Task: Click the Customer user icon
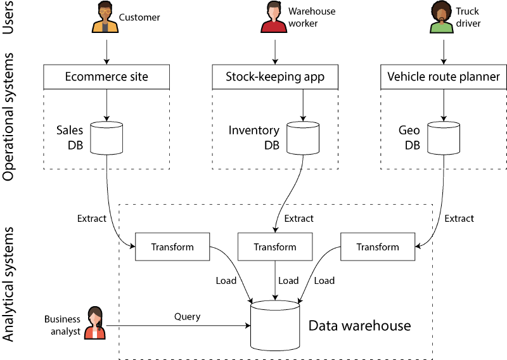[x=105, y=18]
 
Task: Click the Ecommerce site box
[x=106, y=77]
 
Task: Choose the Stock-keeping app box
[x=275, y=77]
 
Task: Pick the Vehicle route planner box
[x=444, y=77]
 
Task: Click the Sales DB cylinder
[x=106, y=136]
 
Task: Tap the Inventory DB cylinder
[x=303, y=136]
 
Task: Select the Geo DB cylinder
[x=443, y=136]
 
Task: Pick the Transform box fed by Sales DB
[x=172, y=247]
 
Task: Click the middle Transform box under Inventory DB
[x=275, y=247]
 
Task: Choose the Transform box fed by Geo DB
[x=378, y=247]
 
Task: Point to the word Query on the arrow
[x=187, y=316]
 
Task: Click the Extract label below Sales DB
[x=92, y=219]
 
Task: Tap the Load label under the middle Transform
[x=288, y=281]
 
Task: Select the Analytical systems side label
[x=9, y=278]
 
